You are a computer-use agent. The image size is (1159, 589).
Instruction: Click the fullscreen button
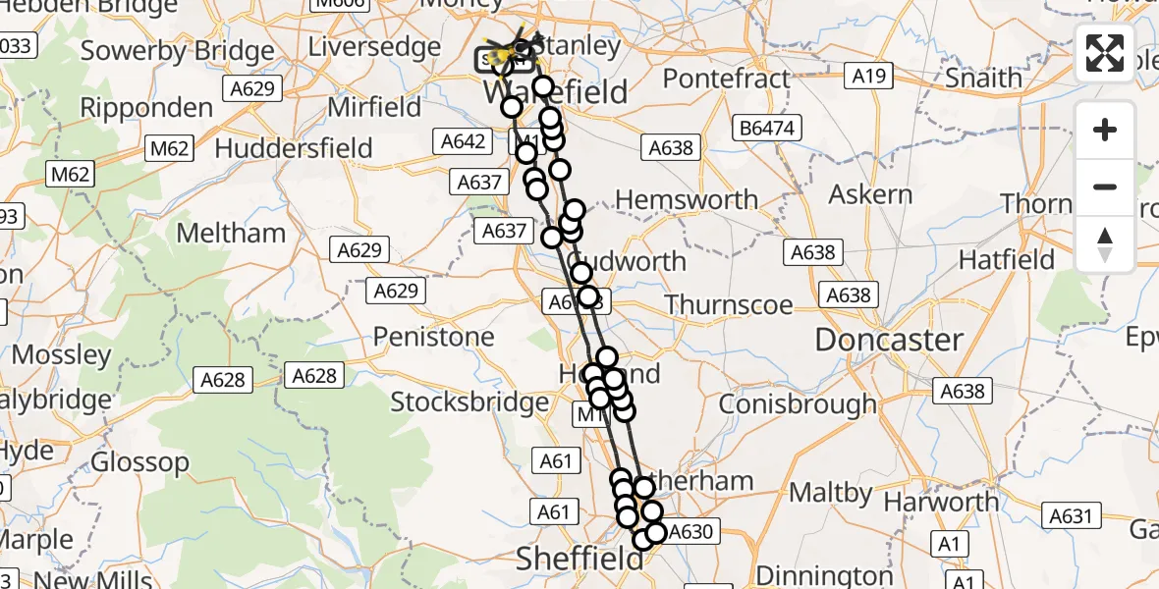[1105, 53]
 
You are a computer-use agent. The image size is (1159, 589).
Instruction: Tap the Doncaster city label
[889, 340]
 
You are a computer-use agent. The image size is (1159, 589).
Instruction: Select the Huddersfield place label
[294, 148]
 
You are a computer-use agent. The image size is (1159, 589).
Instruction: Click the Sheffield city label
[579, 559]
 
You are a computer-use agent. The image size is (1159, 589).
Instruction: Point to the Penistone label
[433, 337]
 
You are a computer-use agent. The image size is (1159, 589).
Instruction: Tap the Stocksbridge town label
[469, 402]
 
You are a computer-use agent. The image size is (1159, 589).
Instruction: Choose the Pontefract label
[727, 79]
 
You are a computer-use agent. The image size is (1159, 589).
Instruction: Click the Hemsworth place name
[687, 200]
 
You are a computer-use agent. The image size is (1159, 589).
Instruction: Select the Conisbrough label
[798, 403]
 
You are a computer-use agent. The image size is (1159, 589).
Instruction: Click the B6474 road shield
[771, 127]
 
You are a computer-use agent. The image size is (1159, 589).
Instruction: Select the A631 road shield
[1071, 515]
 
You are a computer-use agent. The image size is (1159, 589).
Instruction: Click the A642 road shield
[463, 141]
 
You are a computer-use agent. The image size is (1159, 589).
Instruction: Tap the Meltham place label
[231, 233]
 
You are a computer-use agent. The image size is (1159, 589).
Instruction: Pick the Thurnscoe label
[728, 304]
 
